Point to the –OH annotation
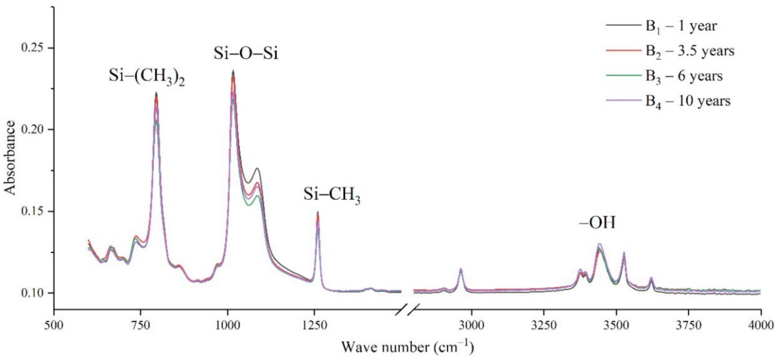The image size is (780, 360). coord(597,222)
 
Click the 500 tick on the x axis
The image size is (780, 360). coord(54,327)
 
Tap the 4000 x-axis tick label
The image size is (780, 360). coord(761,327)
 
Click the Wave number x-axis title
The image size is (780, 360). coord(408,347)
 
